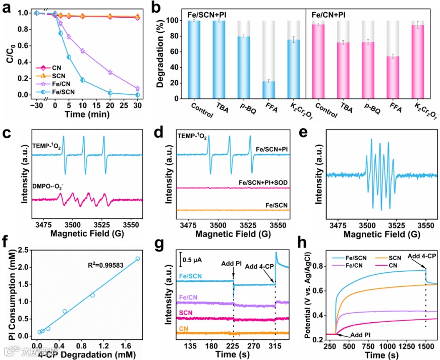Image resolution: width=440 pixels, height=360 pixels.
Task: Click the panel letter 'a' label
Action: coord(7,7)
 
